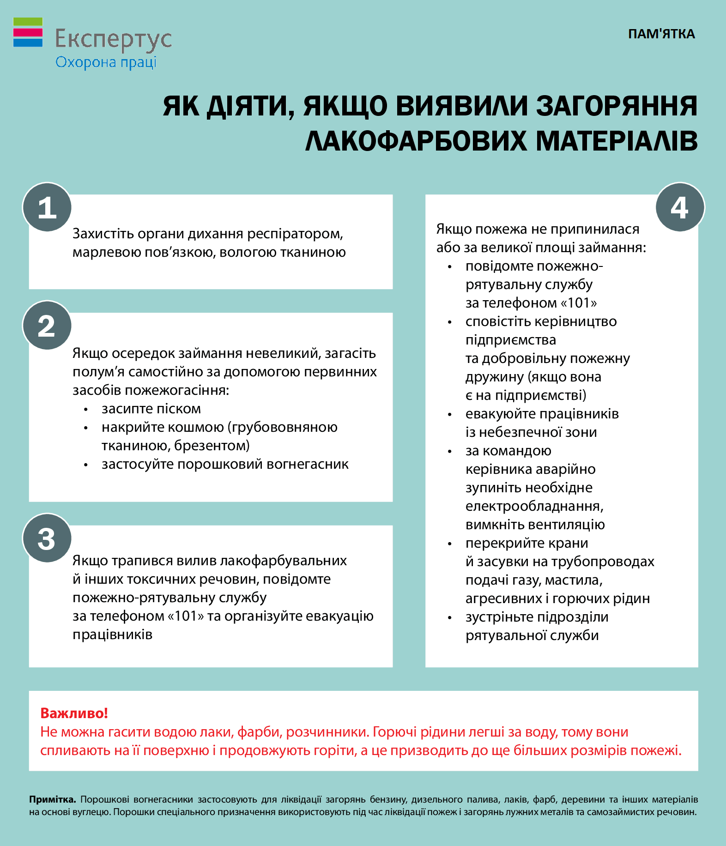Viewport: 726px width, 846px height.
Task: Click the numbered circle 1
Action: pyautogui.click(x=47, y=207)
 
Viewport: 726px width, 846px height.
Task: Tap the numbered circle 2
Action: pyautogui.click(x=47, y=326)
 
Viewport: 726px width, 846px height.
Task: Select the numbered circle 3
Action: pyautogui.click(x=47, y=538)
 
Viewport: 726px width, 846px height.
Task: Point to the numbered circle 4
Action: pyautogui.click(x=680, y=207)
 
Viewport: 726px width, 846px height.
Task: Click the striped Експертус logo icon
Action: pyautogui.click(x=28, y=32)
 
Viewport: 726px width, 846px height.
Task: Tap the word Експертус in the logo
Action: pyautogui.click(x=114, y=39)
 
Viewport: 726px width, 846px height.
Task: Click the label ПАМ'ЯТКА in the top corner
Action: pyautogui.click(x=661, y=34)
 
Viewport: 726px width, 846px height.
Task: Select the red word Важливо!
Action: pyautogui.click(x=74, y=713)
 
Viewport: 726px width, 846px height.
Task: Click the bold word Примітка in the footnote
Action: pyautogui.click(x=52, y=799)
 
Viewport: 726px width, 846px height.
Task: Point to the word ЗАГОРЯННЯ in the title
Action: pyautogui.click(x=616, y=106)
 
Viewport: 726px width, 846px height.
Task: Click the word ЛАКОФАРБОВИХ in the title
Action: pyautogui.click(x=416, y=140)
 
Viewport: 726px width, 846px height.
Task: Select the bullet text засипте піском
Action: pyautogui.click(x=151, y=409)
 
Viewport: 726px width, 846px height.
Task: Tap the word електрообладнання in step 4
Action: pyautogui.click(x=534, y=506)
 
